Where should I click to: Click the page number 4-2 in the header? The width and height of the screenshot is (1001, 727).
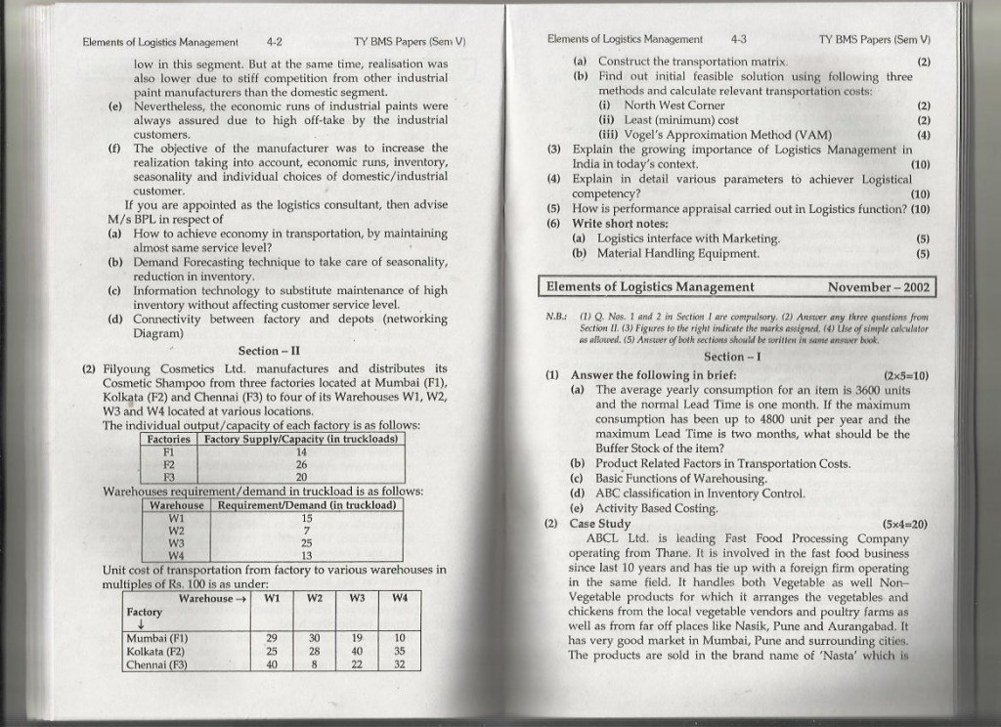tap(274, 42)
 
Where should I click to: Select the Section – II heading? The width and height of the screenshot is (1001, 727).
tap(269, 351)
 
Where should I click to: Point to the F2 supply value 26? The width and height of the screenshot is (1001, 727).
tap(302, 464)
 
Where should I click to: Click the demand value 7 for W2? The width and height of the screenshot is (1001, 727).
tap(307, 530)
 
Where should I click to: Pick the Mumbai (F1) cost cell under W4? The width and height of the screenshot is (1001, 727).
tap(400, 638)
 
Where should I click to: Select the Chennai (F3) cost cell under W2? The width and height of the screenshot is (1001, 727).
tap(315, 663)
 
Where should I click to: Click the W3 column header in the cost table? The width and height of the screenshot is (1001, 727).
tap(358, 597)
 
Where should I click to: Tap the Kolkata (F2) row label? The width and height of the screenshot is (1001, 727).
tap(155, 651)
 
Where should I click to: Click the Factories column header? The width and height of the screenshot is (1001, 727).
tap(168, 439)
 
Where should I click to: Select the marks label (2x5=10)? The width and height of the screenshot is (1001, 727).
tap(905, 375)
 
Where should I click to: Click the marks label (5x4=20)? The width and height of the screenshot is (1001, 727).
tap(905, 524)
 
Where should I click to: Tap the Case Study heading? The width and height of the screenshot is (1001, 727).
tap(600, 524)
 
